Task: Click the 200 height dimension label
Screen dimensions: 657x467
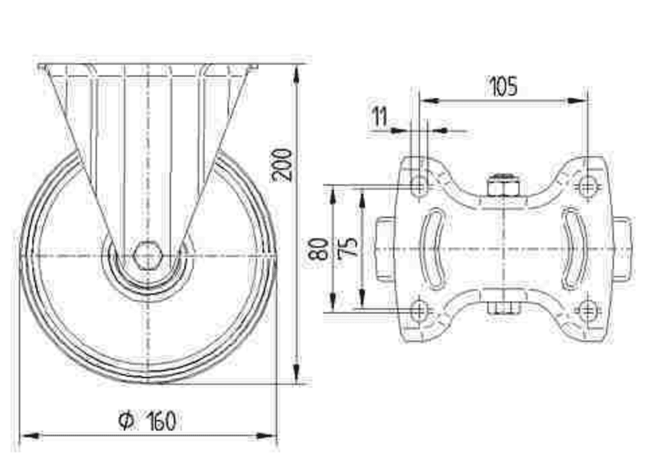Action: point(282,164)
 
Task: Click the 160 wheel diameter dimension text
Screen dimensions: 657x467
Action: point(160,421)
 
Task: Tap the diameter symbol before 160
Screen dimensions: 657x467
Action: point(126,421)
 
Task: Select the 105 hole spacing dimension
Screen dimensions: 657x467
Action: point(503,86)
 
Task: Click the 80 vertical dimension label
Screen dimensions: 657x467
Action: point(319,249)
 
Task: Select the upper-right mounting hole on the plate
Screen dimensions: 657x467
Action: point(587,185)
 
